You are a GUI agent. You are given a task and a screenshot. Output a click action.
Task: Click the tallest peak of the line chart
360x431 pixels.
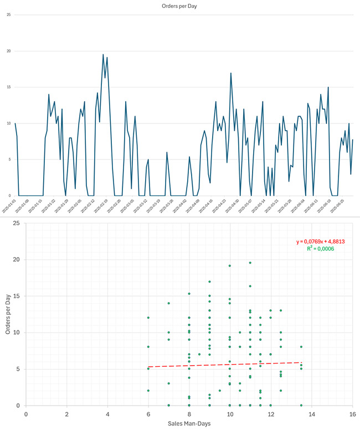pyautogui.click(x=103, y=55)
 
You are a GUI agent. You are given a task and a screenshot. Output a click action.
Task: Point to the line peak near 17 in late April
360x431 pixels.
pyautogui.click(x=231, y=73)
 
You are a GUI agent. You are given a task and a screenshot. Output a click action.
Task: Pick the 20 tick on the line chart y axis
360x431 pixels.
pyautogui.click(x=8, y=51)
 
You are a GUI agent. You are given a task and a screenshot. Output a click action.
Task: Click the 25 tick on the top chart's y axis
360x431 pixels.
pyautogui.click(x=8, y=15)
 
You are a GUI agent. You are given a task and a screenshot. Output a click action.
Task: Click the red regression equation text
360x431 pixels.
pyautogui.click(x=320, y=242)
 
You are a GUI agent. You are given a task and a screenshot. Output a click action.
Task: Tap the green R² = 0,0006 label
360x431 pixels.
pyautogui.click(x=320, y=250)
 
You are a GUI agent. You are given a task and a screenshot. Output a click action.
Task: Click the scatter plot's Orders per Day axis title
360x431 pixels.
pyautogui.click(x=7, y=314)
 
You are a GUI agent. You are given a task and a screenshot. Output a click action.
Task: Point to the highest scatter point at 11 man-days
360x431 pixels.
pyautogui.click(x=250, y=263)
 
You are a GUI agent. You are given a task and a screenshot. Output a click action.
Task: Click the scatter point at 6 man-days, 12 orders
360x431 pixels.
pyautogui.click(x=148, y=318)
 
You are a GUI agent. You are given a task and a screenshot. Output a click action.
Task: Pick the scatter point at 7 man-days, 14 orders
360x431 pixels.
pyautogui.click(x=169, y=303)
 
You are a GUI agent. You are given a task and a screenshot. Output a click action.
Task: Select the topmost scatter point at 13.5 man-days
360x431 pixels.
pyautogui.click(x=301, y=347)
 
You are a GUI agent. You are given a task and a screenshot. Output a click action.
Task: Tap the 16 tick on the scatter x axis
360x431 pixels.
pyautogui.click(x=352, y=413)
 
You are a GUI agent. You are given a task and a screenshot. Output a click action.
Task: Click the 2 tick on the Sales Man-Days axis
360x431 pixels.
pyautogui.click(x=66, y=413)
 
